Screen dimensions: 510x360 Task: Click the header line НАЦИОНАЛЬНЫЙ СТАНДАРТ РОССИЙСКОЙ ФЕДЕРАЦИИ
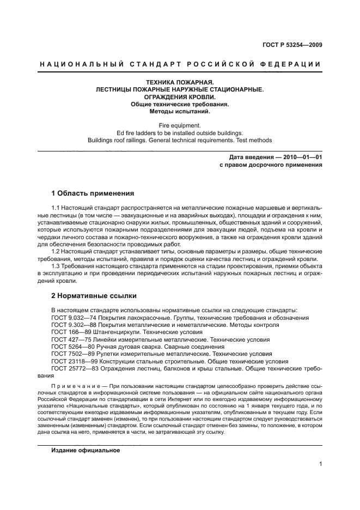tap(180, 64)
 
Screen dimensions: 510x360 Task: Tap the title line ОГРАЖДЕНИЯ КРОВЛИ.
tap(179, 96)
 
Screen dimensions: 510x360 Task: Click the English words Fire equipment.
tap(179, 125)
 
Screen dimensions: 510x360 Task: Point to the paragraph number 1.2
tap(56, 251)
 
